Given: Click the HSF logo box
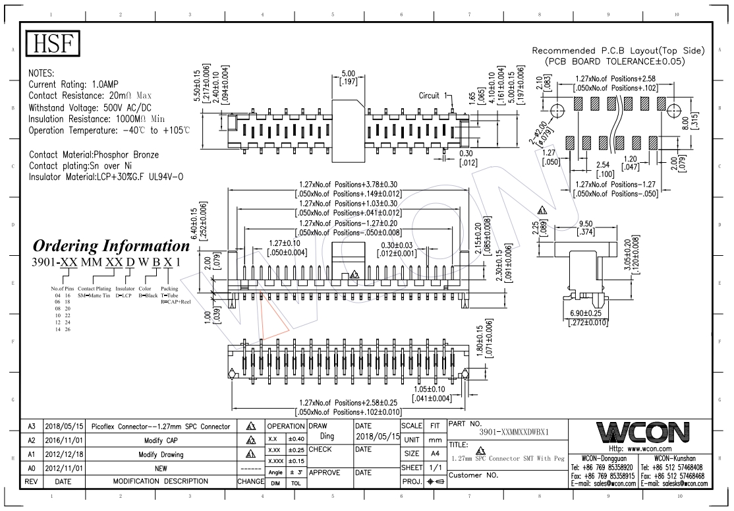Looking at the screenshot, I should point(52,44).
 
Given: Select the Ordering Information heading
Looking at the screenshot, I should point(111,246).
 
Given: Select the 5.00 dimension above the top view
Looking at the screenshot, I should point(348,73).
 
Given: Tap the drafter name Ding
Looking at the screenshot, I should point(327,437).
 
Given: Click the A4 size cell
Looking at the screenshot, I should point(435,454).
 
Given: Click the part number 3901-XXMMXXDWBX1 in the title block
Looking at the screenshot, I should point(519,433).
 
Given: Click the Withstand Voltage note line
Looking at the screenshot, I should point(90,107).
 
